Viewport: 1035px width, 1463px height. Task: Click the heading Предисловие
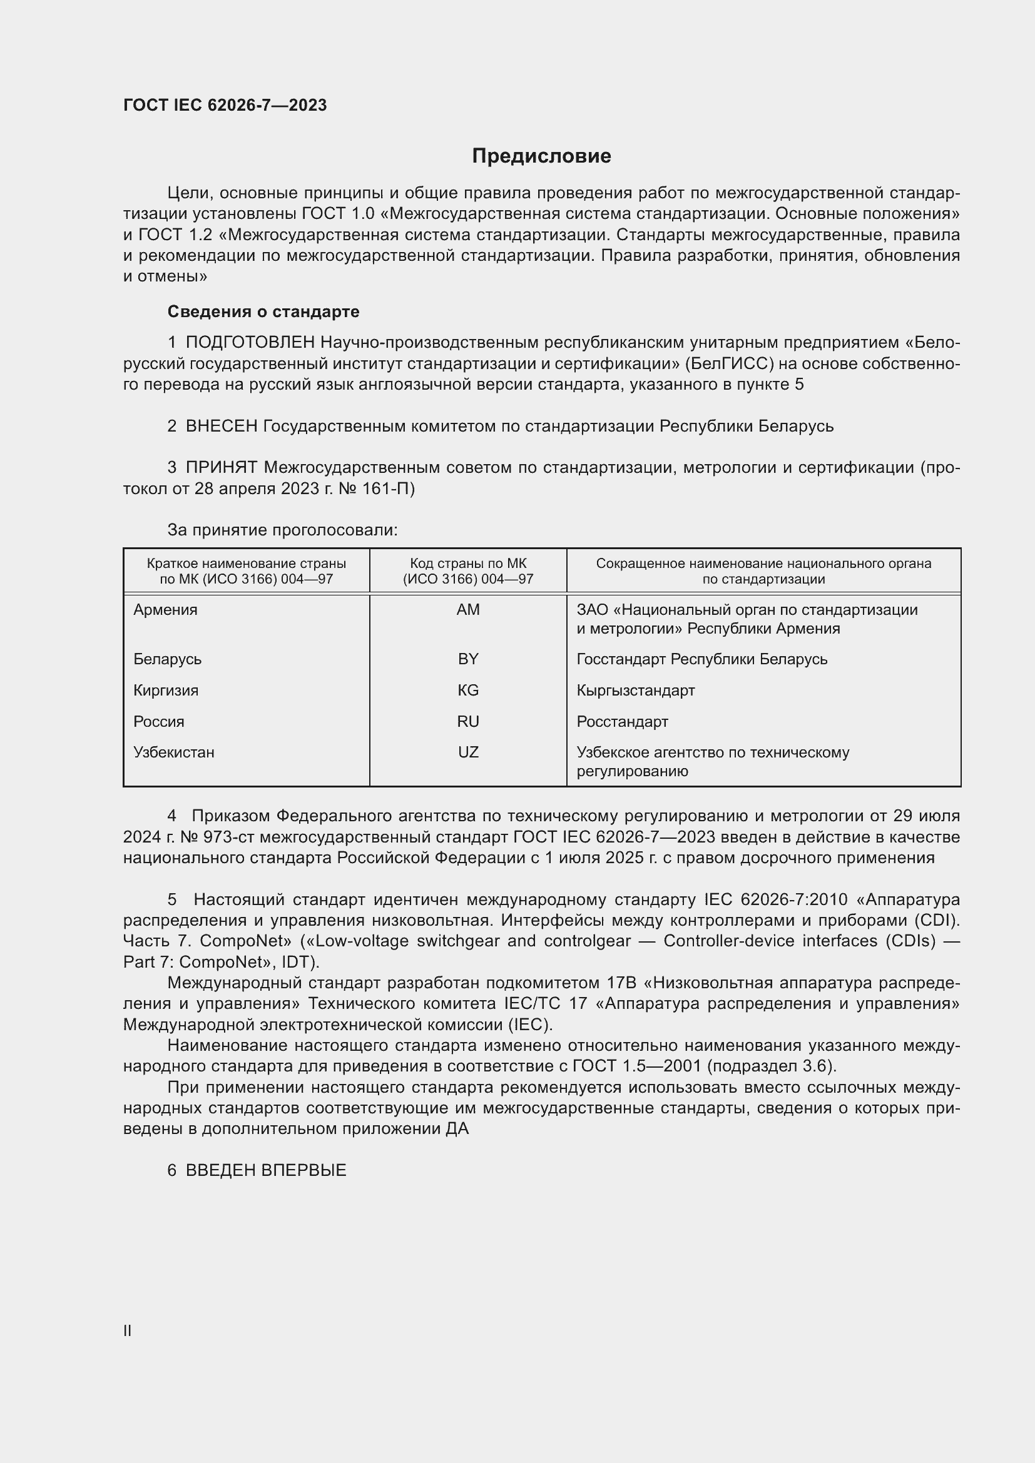click(541, 156)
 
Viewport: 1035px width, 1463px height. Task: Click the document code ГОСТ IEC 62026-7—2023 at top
click(225, 105)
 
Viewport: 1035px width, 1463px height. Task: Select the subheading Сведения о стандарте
click(263, 311)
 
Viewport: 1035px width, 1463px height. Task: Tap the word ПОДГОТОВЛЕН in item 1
click(250, 343)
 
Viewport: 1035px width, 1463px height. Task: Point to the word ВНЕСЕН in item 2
click(221, 427)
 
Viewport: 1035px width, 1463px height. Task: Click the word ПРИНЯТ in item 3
click(221, 468)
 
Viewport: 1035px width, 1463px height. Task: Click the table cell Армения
click(165, 610)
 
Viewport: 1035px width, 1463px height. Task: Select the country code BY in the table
click(468, 659)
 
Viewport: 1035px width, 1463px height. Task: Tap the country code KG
click(468, 690)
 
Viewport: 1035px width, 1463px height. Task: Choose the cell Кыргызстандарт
click(635, 690)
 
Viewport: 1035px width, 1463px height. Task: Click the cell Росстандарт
click(622, 721)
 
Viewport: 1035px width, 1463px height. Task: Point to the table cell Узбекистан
click(173, 752)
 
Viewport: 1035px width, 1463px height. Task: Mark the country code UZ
click(468, 752)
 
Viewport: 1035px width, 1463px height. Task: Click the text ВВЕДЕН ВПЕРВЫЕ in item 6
click(265, 1170)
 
